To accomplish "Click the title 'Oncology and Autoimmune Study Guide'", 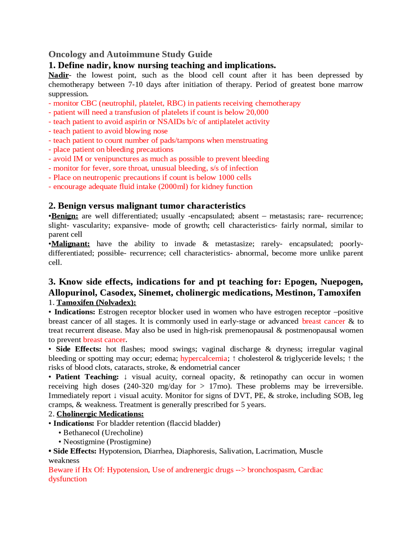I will tap(130, 54).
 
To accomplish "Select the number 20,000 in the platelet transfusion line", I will tap(257, 112).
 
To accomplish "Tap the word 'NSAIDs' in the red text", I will tap(171, 122).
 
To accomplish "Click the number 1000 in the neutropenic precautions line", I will tap(227, 177).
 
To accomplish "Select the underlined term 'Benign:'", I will tap(64, 216).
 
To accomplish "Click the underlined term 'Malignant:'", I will tap(70, 244).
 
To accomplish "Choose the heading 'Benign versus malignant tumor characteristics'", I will tap(151, 206).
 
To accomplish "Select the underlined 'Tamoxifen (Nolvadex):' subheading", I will tap(96, 303).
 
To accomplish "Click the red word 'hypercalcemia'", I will tap(204, 358).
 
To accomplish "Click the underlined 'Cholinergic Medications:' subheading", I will tap(100, 414).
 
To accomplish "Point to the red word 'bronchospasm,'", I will tap(271, 470).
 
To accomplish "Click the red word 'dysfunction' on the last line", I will tap(68, 479).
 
